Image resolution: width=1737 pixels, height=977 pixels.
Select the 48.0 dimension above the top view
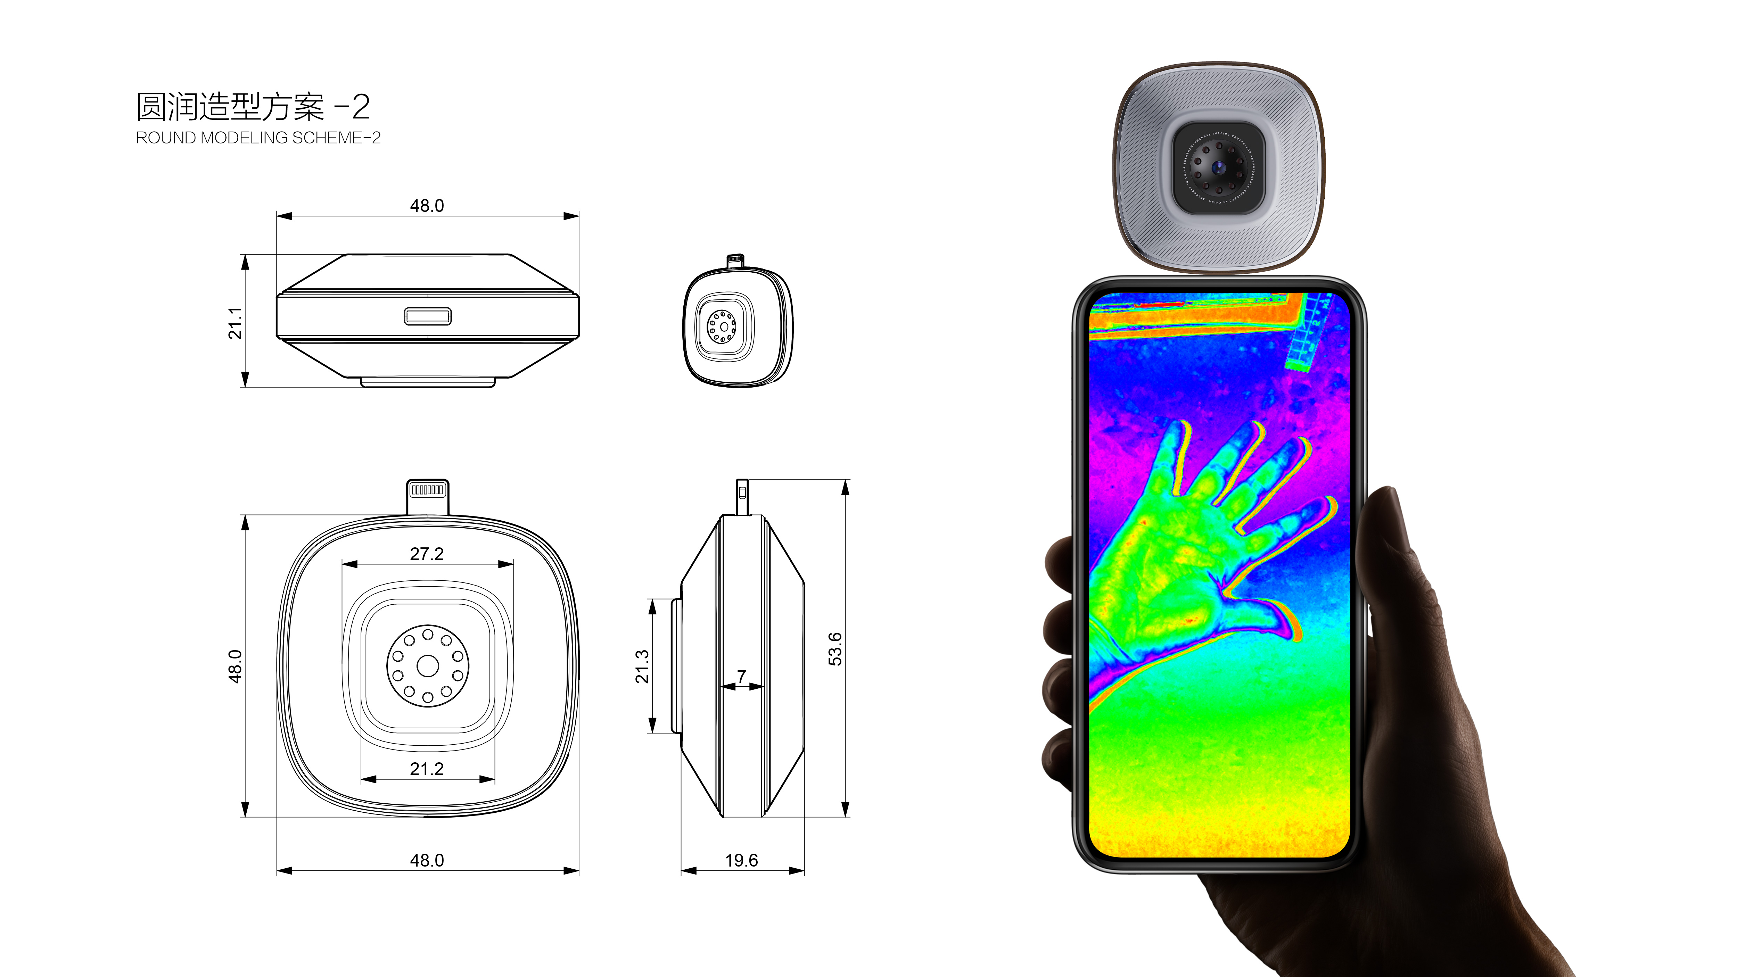[427, 206]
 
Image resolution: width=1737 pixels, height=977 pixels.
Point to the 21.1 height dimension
[234, 322]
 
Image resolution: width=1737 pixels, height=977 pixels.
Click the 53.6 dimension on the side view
[835, 649]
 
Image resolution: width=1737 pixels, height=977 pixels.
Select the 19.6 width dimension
[741, 860]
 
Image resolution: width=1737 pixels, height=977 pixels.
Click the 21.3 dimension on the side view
[642, 666]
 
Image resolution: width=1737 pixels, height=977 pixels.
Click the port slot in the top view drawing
[428, 316]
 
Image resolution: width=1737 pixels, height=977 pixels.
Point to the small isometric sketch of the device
[738, 325]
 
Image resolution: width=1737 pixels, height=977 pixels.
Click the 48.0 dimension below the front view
[427, 860]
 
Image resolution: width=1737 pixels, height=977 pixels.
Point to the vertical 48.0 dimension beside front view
[234, 666]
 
